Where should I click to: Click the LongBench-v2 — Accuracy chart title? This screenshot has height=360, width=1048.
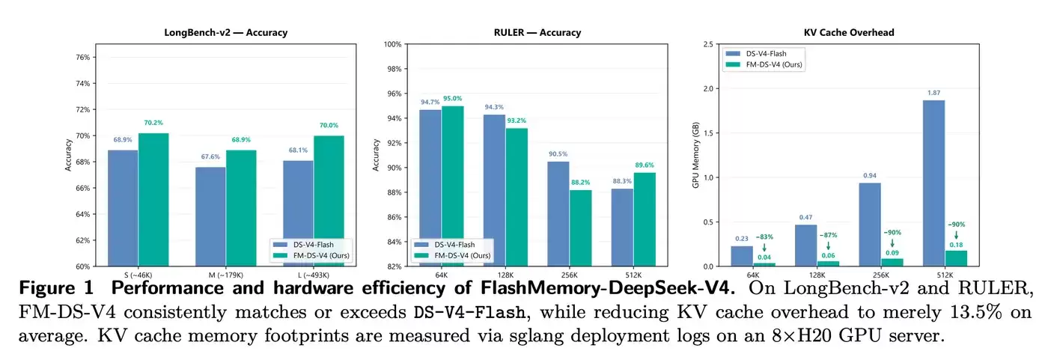pyautogui.click(x=225, y=32)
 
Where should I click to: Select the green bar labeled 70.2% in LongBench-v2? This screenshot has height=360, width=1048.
pyautogui.click(x=153, y=200)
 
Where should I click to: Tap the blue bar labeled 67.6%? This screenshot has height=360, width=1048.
pyautogui.click(x=210, y=216)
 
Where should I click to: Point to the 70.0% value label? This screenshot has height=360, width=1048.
pyautogui.click(x=329, y=125)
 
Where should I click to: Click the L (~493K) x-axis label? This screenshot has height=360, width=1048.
pyautogui.click(x=313, y=275)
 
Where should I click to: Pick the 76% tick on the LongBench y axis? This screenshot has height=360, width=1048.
pyautogui.click(x=83, y=57)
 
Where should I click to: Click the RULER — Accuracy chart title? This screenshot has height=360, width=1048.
pyautogui.click(x=537, y=32)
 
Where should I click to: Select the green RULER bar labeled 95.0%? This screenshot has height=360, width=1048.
pyautogui.click(x=452, y=186)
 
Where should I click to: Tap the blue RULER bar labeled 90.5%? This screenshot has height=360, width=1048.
pyautogui.click(x=558, y=214)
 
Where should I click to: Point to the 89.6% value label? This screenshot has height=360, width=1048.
pyautogui.click(x=645, y=165)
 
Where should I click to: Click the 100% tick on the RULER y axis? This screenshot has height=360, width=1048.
pyautogui.click(x=392, y=44)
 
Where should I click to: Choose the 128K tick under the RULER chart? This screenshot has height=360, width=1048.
pyautogui.click(x=505, y=275)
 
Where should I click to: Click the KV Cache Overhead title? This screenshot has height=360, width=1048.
pyautogui.click(x=849, y=32)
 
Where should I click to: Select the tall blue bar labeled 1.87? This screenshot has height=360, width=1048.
pyautogui.click(x=934, y=183)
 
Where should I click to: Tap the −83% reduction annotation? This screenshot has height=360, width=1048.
pyautogui.click(x=764, y=237)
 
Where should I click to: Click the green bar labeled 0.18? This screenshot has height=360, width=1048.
pyautogui.click(x=957, y=258)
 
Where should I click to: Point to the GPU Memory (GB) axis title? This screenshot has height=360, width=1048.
pyautogui.click(x=695, y=155)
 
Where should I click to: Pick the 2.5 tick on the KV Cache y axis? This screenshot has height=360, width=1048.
pyautogui.click(x=708, y=44)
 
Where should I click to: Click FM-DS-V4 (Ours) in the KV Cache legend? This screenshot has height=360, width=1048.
pyautogui.click(x=774, y=64)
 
